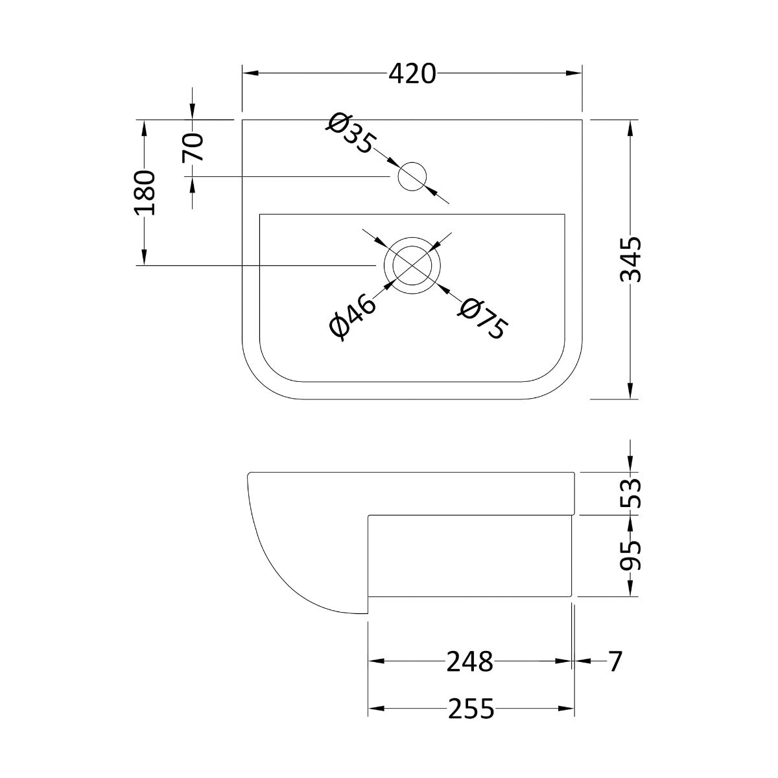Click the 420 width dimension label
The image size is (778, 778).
tap(412, 74)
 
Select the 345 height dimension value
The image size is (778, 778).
tap(630, 259)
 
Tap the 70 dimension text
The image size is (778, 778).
tap(193, 147)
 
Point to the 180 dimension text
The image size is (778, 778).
tap(144, 193)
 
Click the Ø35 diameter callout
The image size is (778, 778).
tap(351, 134)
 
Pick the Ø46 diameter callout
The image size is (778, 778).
tap(353, 316)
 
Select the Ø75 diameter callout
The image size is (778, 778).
tap(482, 318)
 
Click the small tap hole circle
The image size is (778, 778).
tap(412, 176)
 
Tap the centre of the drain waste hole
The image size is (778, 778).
tap(412, 265)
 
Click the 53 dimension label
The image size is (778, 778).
tap(630, 493)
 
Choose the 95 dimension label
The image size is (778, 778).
tap(630, 555)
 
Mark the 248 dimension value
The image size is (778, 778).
tap(469, 662)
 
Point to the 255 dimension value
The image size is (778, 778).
tap(471, 709)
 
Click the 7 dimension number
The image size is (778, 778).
tap(615, 662)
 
